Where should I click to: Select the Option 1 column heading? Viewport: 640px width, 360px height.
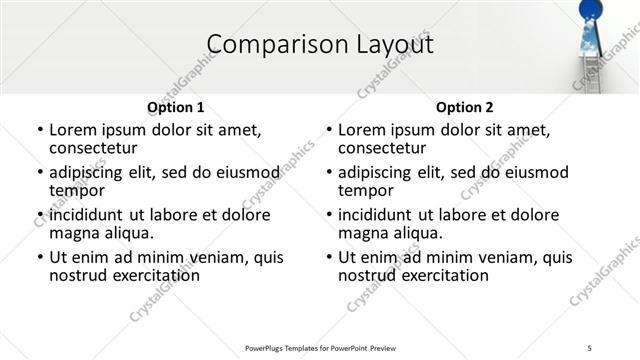point(176,107)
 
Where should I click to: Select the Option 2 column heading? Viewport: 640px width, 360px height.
point(465,107)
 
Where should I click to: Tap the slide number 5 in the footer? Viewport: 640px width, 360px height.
point(591,348)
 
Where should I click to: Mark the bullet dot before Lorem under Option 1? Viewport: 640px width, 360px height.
point(39,130)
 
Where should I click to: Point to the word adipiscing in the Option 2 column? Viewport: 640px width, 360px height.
point(379,172)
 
